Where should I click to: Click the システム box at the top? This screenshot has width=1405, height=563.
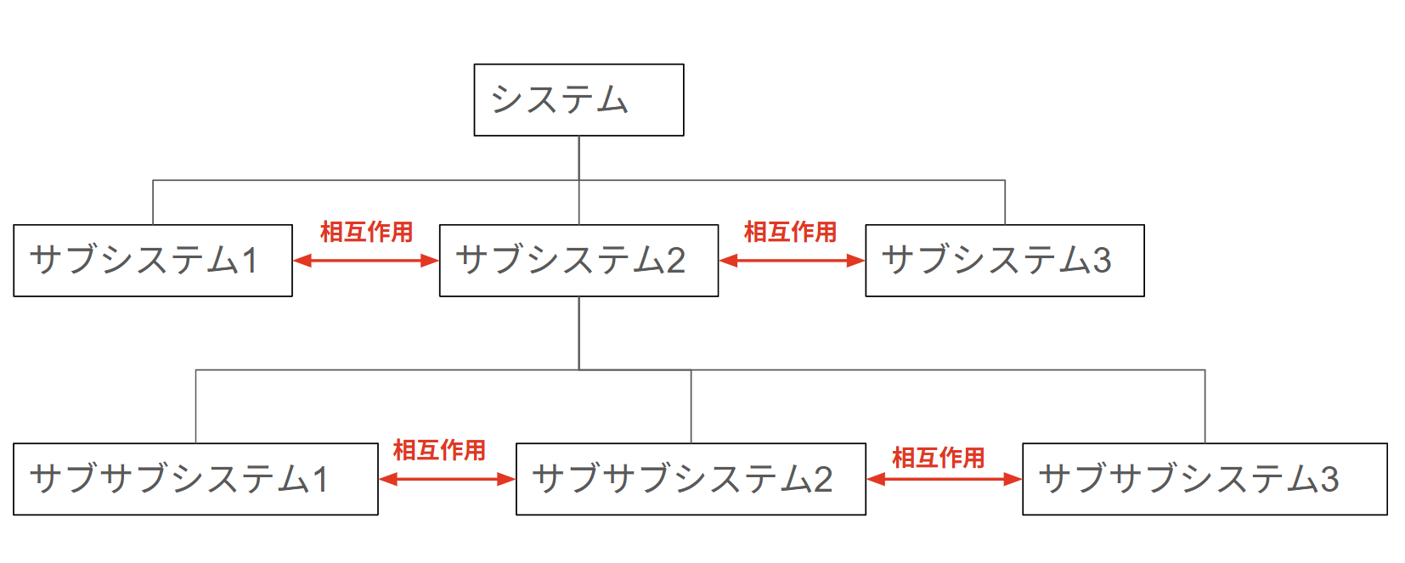578,100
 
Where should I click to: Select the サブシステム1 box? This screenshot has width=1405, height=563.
153,261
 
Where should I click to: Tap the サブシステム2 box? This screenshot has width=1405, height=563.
578,261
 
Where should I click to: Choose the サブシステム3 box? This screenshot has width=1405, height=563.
1004,261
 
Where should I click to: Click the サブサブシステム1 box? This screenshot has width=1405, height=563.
195,479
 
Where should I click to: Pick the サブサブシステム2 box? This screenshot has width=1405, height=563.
691,479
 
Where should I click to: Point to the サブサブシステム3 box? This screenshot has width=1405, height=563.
1205,479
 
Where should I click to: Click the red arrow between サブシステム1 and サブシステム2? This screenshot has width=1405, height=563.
366,261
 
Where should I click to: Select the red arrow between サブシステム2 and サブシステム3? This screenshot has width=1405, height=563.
792,261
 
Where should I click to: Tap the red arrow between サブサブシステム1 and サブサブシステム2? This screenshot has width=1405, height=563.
447,479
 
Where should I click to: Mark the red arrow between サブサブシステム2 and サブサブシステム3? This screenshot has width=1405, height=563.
944,479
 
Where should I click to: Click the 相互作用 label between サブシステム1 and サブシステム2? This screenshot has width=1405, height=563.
366,232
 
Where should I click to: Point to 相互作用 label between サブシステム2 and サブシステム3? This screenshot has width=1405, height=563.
790,232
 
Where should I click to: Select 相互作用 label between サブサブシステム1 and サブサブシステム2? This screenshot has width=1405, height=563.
439,450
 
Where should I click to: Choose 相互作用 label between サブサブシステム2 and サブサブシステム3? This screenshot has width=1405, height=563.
938,458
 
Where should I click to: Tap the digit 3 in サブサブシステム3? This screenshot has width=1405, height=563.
1329,480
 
